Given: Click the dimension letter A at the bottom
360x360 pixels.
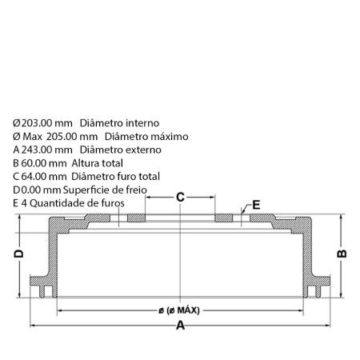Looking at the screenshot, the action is (180, 326).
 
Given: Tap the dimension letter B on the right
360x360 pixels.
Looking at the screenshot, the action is (342, 254).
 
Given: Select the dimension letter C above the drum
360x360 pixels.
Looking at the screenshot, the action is (180, 197).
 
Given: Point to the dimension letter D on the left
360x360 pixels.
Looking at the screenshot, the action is (18, 254).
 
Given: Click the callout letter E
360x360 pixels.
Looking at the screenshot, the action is (256, 205).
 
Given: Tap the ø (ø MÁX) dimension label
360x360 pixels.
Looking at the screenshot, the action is (179, 310).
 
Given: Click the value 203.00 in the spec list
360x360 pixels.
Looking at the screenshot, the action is (37, 123).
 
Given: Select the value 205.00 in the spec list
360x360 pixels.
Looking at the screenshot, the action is (62, 137).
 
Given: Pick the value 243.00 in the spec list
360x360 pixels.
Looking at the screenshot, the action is (37, 150).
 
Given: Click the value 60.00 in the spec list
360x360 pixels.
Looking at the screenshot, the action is (34, 163).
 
